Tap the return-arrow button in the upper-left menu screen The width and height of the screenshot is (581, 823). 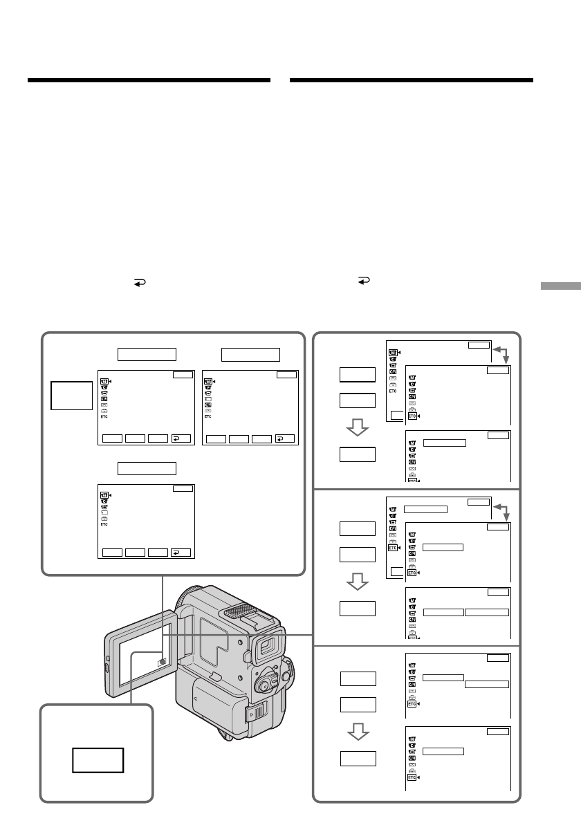click(181, 438)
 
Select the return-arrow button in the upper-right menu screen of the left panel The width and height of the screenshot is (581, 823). click(285, 438)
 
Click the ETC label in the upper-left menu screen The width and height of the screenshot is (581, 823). click(104, 417)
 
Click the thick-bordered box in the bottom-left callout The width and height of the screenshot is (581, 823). click(98, 760)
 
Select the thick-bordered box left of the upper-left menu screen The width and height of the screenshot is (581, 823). click(71, 396)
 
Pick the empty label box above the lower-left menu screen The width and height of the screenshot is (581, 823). click(147, 468)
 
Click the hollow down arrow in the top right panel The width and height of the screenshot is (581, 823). click(358, 427)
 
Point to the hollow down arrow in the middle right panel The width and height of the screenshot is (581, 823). click(358, 581)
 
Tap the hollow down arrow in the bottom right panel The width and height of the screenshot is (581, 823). click(358, 731)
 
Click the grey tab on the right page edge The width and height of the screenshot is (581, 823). click(560, 286)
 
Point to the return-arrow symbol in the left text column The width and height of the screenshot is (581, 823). click(139, 283)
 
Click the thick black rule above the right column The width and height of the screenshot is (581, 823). click(412, 80)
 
